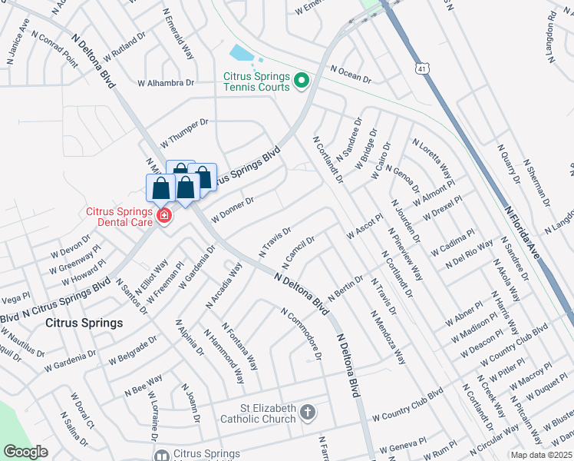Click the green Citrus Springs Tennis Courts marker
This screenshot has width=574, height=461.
pyautogui.click(x=302, y=80)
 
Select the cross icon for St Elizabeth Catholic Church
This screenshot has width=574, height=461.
pyautogui.click(x=307, y=413)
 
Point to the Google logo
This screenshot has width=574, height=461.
pyautogui.click(x=26, y=452)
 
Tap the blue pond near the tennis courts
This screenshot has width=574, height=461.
pyautogui.click(x=240, y=53)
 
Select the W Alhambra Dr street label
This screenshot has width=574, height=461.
pyautogui.click(x=166, y=83)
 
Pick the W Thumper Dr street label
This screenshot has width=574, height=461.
pyautogui.click(x=184, y=133)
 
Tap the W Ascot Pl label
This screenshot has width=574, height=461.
pyautogui.click(x=365, y=226)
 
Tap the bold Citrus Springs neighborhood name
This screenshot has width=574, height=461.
pyautogui.click(x=84, y=323)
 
